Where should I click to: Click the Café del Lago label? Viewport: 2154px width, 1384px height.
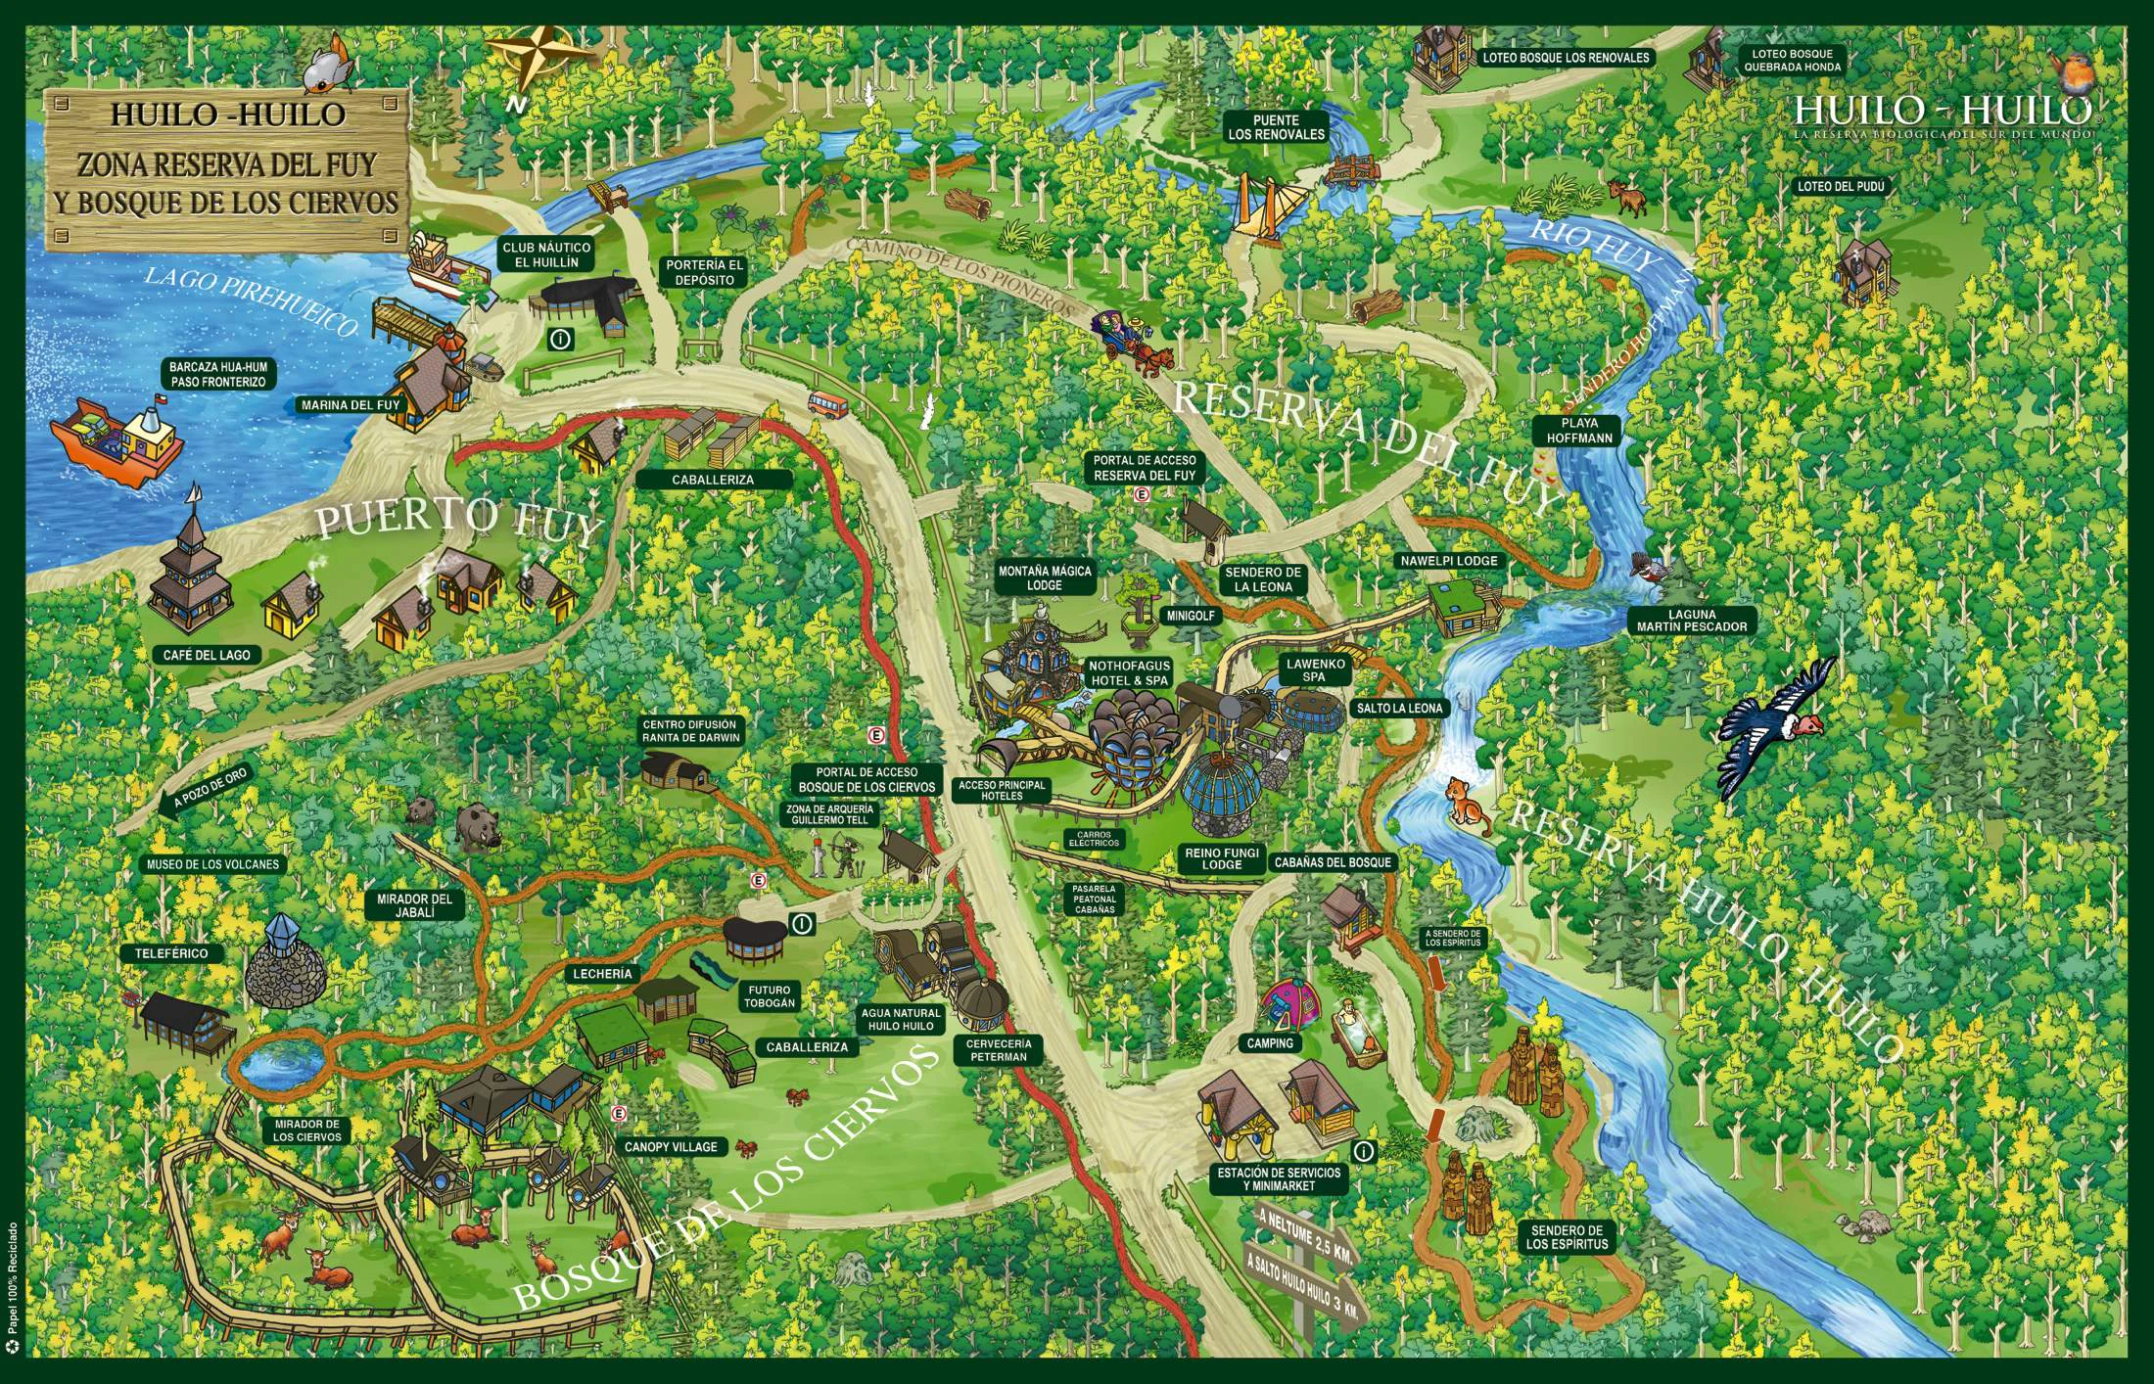pos(207,655)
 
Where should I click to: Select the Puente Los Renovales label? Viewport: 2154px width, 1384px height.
pos(1276,127)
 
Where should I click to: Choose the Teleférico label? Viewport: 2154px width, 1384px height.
pos(165,952)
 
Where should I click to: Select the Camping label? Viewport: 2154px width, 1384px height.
pos(1270,1043)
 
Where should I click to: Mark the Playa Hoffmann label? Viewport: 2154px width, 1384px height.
pos(1579,432)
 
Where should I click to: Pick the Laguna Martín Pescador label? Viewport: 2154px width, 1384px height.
pos(1690,621)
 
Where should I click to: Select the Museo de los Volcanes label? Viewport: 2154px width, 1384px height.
pos(212,864)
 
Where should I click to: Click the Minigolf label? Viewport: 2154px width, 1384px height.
pos(1189,617)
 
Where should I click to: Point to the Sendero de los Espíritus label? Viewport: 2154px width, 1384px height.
pos(1567,1237)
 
